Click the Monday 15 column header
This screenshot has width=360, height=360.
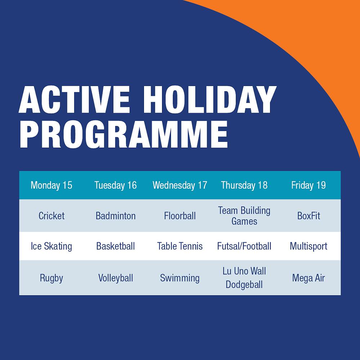point(51,185)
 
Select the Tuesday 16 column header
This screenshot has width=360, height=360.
point(116,185)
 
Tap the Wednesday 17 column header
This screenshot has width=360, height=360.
point(180,185)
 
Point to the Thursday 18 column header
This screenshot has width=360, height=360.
point(244,185)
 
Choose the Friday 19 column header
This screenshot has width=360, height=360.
point(309,185)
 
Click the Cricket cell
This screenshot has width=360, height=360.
point(51,216)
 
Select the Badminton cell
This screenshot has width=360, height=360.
point(116,216)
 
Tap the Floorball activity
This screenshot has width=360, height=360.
point(180,216)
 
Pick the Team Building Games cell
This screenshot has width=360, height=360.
point(244,216)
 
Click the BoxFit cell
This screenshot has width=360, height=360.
point(309,216)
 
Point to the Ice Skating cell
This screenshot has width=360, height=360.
point(51,246)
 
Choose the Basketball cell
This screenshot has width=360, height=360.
point(116,246)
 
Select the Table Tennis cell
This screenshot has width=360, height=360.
point(180,246)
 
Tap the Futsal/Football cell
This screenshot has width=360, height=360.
point(244,246)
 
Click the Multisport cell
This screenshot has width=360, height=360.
point(309,246)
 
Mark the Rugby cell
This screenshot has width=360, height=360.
point(51,278)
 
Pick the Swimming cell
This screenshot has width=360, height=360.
point(180,278)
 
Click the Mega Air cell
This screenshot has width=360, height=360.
point(309,278)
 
